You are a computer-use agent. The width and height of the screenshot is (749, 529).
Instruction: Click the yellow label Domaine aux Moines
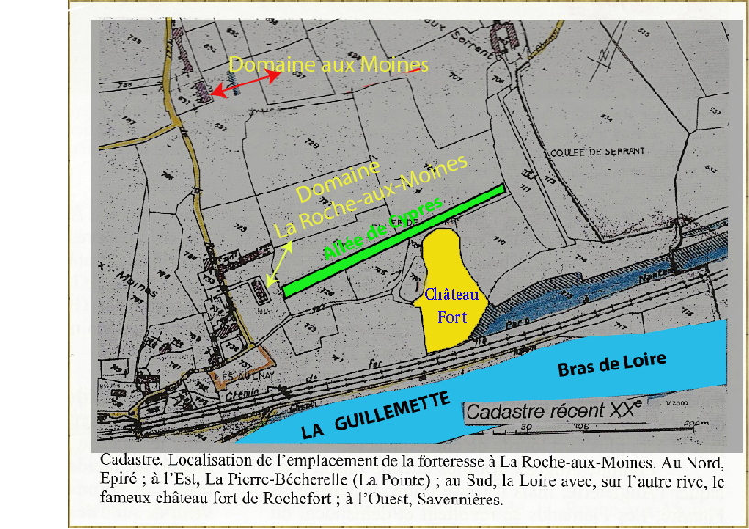pyautogui.click(x=328, y=64)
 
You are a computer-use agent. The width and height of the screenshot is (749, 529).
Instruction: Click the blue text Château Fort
pyautogui.click(x=446, y=305)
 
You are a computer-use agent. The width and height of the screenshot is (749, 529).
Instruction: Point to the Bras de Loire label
pyautogui.click(x=611, y=363)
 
